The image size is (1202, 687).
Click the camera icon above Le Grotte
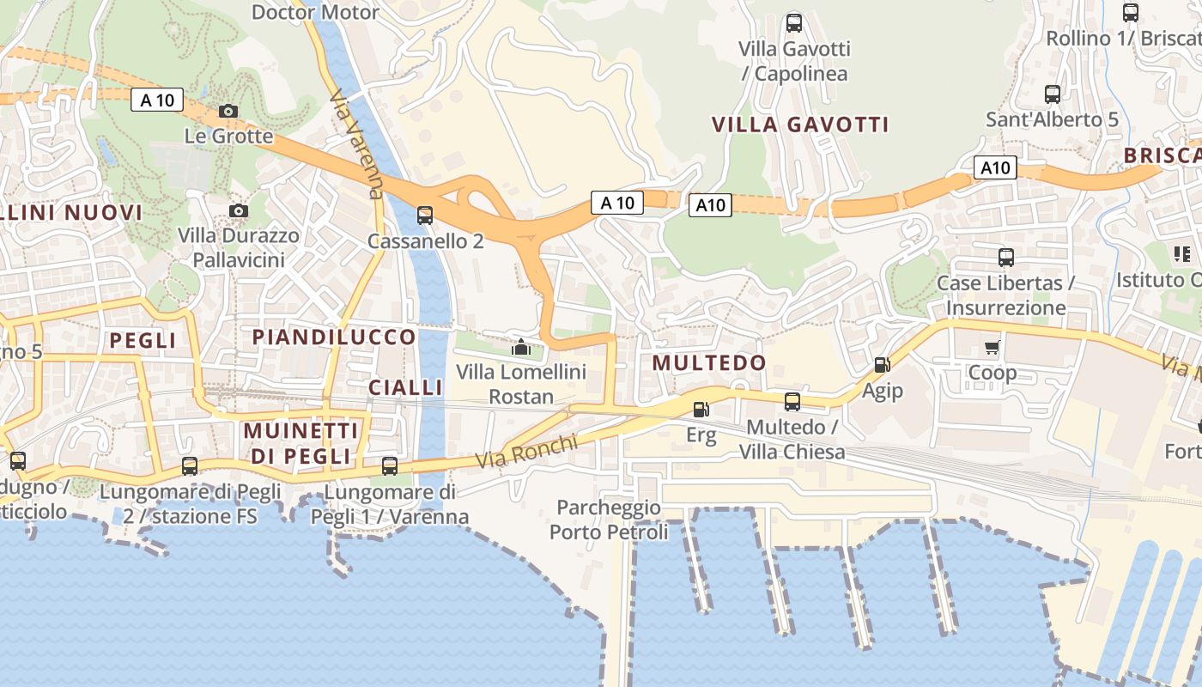tap(228, 111)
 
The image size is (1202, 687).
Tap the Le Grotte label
tap(229, 136)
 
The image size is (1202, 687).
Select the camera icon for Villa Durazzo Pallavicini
tap(239, 210)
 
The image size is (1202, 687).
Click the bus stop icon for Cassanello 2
tap(425, 215)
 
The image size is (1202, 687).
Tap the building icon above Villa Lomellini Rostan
tap(520, 347)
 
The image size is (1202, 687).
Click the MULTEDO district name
tap(709, 362)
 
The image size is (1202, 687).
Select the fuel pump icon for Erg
tap(701, 410)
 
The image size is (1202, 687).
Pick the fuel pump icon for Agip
tap(882, 365)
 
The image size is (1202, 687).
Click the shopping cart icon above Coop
tap(993, 347)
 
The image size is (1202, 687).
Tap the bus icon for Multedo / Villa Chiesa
tap(792, 401)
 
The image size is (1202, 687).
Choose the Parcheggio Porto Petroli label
tap(609, 520)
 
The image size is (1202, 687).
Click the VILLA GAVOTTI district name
tap(800, 125)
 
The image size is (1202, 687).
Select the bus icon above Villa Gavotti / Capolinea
tap(794, 23)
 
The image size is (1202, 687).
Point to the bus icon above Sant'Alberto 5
tap(1053, 94)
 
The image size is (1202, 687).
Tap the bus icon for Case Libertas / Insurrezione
tap(1005, 257)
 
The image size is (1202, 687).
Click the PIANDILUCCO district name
tap(334, 337)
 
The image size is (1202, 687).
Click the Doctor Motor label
tap(315, 12)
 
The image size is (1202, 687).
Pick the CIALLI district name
tap(405, 387)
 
